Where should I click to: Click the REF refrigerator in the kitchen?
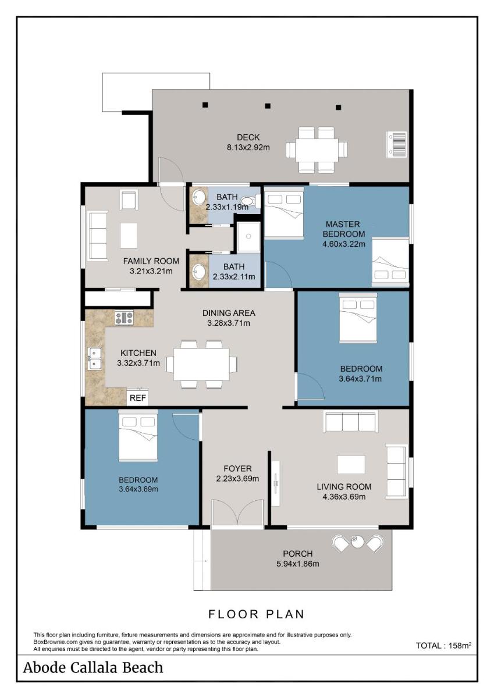coord(137,397)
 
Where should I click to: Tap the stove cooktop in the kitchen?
coord(124,318)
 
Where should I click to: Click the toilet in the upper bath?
coord(251,201)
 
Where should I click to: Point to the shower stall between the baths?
coord(248,237)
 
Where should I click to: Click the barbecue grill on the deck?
coord(396,144)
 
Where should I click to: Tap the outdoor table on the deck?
coord(317,149)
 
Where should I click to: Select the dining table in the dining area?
coord(201,364)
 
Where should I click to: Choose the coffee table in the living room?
coord(351,465)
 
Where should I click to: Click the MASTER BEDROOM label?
coord(343,229)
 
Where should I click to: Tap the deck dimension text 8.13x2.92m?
coord(248,147)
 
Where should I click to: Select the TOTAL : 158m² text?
coord(443,645)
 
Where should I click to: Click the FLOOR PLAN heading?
coord(256,614)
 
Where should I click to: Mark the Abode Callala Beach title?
coord(93,668)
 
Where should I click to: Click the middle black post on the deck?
coord(268,106)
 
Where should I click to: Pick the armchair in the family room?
coord(129,200)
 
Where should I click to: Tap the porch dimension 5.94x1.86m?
coord(298,564)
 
